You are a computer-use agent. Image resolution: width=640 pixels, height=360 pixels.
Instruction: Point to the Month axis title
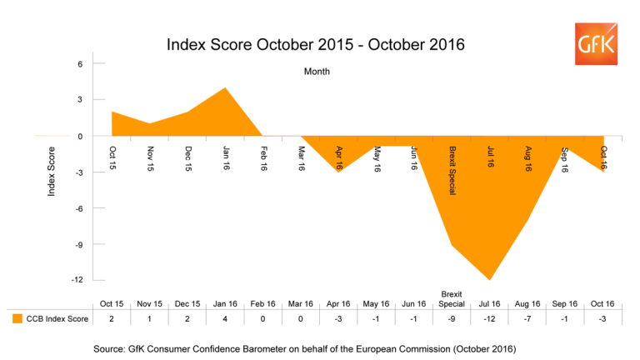(x=317, y=72)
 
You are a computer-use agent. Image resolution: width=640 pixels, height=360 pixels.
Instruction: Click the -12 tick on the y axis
(x=77, y=280)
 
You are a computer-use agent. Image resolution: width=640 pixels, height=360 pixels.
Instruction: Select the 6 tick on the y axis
(x=80, y=64)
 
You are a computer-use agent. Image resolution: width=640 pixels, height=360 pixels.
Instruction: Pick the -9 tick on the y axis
(x=78, y=244)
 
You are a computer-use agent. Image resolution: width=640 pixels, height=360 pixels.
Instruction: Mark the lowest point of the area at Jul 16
(x=489, y=279)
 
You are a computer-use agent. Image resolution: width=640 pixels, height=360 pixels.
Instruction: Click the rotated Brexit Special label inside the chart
(x=452, y=171)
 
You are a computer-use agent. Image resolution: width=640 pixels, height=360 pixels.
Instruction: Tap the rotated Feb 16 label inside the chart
(x=264, y=158)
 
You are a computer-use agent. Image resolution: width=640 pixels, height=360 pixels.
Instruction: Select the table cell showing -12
(x=489, y=317)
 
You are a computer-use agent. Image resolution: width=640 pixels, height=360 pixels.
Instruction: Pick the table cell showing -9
(x=451, y=317)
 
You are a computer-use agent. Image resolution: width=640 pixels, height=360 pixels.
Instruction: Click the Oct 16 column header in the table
(x=602, y=303)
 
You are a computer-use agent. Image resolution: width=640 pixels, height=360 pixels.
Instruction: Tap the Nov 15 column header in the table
(x=151, y=303)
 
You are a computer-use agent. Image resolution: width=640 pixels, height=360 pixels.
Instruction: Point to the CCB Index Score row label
(x=57, y=317)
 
